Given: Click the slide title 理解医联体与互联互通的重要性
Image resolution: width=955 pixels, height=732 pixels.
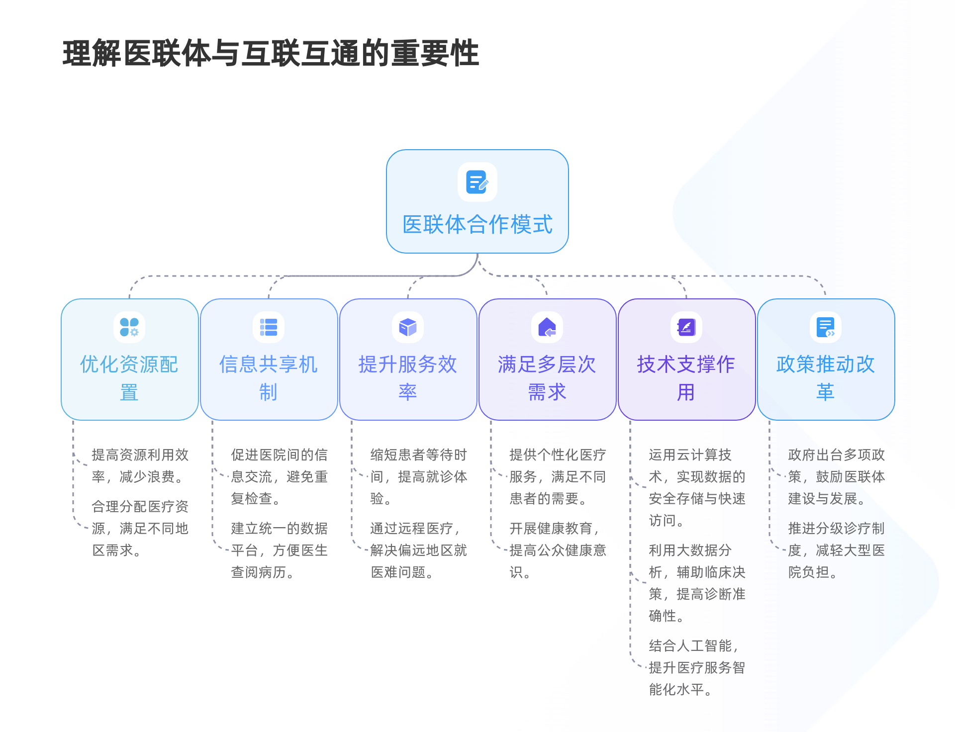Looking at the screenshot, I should pyautogui.click(x=271, y=53).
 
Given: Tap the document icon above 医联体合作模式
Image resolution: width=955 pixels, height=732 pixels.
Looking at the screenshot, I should pyautogui.click(x=477, y=182).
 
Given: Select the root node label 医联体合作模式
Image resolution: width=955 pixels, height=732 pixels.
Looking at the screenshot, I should pyautogui.click(x=477, y=224).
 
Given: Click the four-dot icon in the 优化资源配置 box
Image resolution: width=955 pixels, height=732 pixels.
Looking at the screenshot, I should pyautogui.click(x=129, y=327).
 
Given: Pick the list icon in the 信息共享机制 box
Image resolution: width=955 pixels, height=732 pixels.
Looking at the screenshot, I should pyautogui.click(x=269, y=327).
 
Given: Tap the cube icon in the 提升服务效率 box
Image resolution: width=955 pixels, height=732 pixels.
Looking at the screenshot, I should pyautogui.click(x=408, y=327).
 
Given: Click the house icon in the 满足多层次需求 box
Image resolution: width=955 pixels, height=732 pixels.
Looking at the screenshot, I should pyautogui.click(x=547, y=327).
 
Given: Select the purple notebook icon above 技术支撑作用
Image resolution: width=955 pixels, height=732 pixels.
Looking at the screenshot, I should pyautogui.click(x=686, y=327).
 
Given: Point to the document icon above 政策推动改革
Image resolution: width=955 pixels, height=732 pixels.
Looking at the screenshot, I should pyautogui.click(x=826, y=327).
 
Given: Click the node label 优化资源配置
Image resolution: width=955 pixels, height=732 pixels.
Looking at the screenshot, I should pyautogui.click(x=129, y=378).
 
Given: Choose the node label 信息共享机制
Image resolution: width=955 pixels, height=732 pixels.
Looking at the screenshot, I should pyautogui.click(x=269, y=378).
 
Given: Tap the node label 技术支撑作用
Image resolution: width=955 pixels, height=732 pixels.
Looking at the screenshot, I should pyautogui.click(x=686, y=378).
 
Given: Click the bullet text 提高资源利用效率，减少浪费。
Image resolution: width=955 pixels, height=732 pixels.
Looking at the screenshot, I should pyautogui.click(x=140, y=466).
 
